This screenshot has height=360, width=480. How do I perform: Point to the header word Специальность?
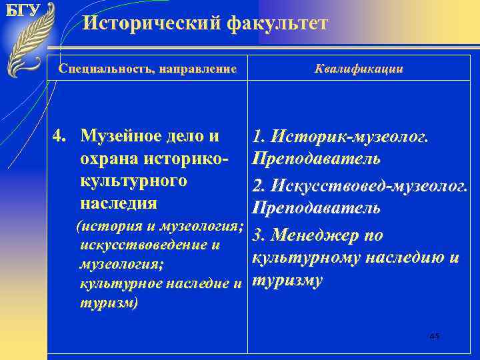[97, 69]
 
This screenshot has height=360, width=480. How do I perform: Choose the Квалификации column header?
[358, 69]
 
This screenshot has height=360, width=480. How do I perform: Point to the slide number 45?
[435, 337]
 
